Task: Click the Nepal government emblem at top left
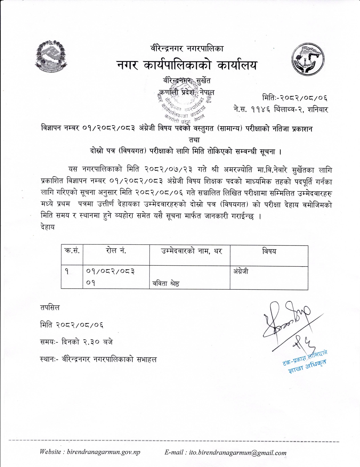pyautogui.click(x=51, y=56)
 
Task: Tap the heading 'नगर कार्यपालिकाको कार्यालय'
pyautogui.click(x=187, y=65)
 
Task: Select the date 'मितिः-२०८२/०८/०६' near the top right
pyautogui.click(x=294, y=98)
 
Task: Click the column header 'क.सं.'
pyautogui.click(x=72, y=251)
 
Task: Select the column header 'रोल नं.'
pyautogui.click(x=116, y=251)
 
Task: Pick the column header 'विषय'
pyautogui.click(x=269, y=251)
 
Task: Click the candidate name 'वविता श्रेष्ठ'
pyautogui.click(x=166, y=283)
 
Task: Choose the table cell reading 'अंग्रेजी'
pyautogui.click(x=241, y=271)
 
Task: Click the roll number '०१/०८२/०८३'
pyautogui.click(x=110, y=271)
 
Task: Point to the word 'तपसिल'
pyautogui.click(x=50, y=308)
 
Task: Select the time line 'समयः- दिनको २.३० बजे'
pyautogui.click(x=76, y=342)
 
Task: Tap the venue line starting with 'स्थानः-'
pyautogui.click(x=98, y=359)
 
